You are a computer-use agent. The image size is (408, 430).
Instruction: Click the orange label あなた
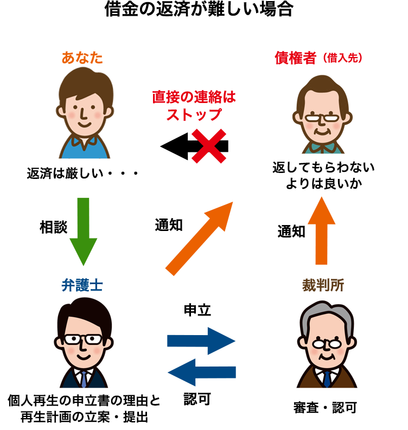click(x=82, y=57)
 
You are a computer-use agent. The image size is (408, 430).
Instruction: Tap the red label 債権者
click(x=296, y=58)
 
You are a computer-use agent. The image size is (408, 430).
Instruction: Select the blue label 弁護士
click(x=83, y=286)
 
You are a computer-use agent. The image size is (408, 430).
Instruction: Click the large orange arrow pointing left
click(x=203, y=239)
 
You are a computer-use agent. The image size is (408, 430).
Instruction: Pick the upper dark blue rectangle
click(x=201, y=341)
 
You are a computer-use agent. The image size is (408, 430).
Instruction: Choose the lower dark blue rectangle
click(x=201, y=372)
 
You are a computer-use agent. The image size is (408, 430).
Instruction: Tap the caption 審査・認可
click(x=324, y=408)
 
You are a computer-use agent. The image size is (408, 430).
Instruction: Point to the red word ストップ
click(x=194, y=114)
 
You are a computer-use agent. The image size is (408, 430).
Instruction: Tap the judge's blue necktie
click(x=327, y=378)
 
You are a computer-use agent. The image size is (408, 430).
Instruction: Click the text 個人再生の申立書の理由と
click(x=84, y=402)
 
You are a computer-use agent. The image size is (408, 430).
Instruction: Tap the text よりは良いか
click(x=323, y=183)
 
